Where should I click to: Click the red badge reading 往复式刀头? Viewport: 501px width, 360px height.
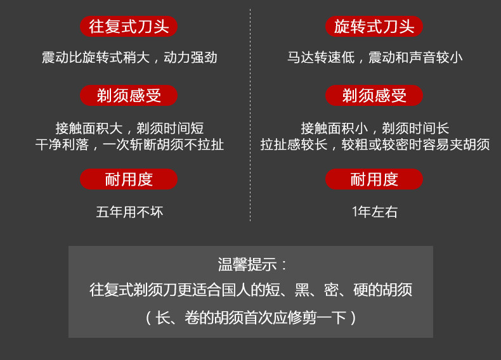129,27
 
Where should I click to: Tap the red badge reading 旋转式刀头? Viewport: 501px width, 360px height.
374,27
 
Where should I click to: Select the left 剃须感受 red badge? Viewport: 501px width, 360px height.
129,96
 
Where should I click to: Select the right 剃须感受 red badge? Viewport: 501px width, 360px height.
374,96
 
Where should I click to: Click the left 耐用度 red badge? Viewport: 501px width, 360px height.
129,179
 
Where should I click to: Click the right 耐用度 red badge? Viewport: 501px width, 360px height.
374,179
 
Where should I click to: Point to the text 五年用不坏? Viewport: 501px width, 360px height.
129,212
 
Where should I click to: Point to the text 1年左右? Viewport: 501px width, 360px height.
375,212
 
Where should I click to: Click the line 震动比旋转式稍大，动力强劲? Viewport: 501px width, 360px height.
129,58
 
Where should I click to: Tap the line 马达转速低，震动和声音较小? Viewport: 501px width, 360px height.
375,58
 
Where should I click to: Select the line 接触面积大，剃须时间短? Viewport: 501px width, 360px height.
129,129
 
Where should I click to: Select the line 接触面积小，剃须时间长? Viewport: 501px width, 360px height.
375,129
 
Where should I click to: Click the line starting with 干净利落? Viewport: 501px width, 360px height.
129,145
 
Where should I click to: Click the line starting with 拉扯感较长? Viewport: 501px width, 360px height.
375,145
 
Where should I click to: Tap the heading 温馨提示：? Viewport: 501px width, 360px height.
252,264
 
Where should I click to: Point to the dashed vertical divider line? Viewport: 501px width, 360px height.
251,114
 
